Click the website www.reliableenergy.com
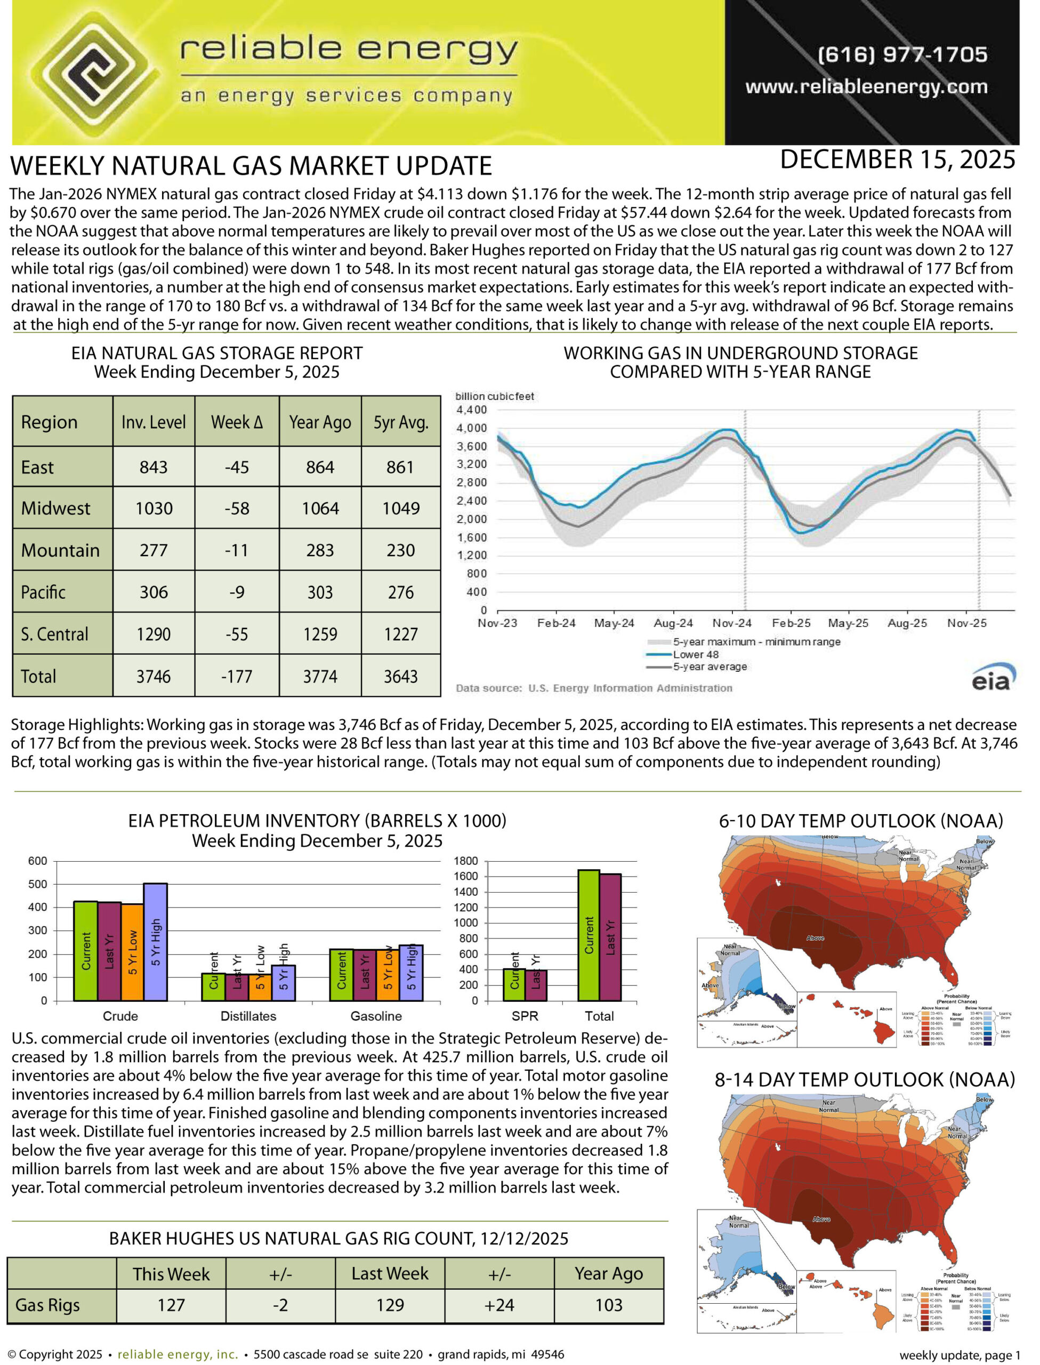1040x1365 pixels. [x=866, y=87]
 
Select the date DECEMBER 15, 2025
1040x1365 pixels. [x=897, y=160]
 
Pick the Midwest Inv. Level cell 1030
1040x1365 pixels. [x=154, y=508]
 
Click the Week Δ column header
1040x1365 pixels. [x=237, y=422]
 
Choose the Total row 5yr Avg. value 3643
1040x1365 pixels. [x=400, y=676]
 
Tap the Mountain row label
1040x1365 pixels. [x=60, y=550]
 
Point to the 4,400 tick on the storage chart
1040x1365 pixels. [x=472, y=410]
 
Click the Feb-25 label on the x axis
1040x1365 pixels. [x=791, y=623]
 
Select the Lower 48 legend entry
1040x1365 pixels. [x=696, y=654]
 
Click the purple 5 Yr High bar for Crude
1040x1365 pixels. [x=155, y=942]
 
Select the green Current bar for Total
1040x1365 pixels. [x=588, y=935]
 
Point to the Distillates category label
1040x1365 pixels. [x=248, y=1016]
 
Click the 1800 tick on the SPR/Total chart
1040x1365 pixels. [x=465, y=861]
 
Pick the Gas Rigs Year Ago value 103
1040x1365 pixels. [x=609, y=1305]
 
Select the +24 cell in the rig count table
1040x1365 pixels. [x=499, y=1305]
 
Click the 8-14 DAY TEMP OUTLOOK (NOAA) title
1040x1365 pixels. [x=864, y=1080]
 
